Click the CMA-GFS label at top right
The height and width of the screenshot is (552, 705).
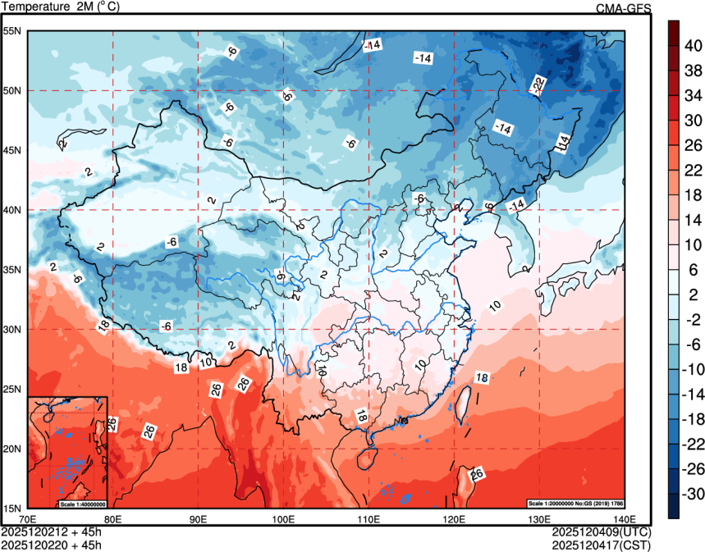(623, 8)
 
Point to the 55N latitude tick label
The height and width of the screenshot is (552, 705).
(12, 31)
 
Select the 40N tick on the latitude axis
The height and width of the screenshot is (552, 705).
(12, 210)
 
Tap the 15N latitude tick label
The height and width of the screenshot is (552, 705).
(12, 508)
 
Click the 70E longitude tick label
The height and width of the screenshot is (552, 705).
(27, 519)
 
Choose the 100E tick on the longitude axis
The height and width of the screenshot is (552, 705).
(283, 519)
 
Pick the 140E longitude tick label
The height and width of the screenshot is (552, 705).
(625, 519)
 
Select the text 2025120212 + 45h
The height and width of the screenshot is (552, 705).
(51, 531)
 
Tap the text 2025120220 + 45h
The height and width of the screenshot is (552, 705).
(51, 544)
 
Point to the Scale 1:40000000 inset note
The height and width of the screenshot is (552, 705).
(83, 504)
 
